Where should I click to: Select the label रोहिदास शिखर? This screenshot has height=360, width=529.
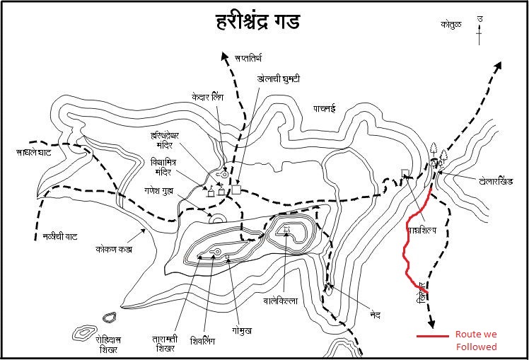click(x=112, y=344)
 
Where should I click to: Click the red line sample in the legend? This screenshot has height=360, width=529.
click(x=432, y=335)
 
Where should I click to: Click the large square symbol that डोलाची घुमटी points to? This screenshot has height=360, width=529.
click(x=236, y=190)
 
